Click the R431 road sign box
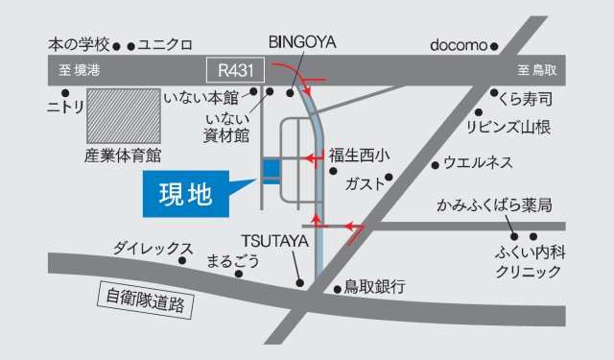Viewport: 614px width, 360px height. coord(235,69)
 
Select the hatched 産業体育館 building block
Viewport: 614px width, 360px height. coord(124,116)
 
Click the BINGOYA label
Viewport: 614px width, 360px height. coord(302,43)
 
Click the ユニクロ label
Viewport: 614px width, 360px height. coord(165,45)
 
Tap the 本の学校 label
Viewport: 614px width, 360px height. coord(78,45)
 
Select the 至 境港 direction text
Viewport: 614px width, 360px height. coord(80,70)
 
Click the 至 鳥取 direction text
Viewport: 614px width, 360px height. coord(537,70)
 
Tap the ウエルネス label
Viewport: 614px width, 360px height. coord(484,163)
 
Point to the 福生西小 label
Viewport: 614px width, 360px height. coord(360,154)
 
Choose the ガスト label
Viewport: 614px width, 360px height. coord(364,180)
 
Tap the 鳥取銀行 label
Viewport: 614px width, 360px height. coord(375,286)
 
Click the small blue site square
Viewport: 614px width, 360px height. coord(272,170)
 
